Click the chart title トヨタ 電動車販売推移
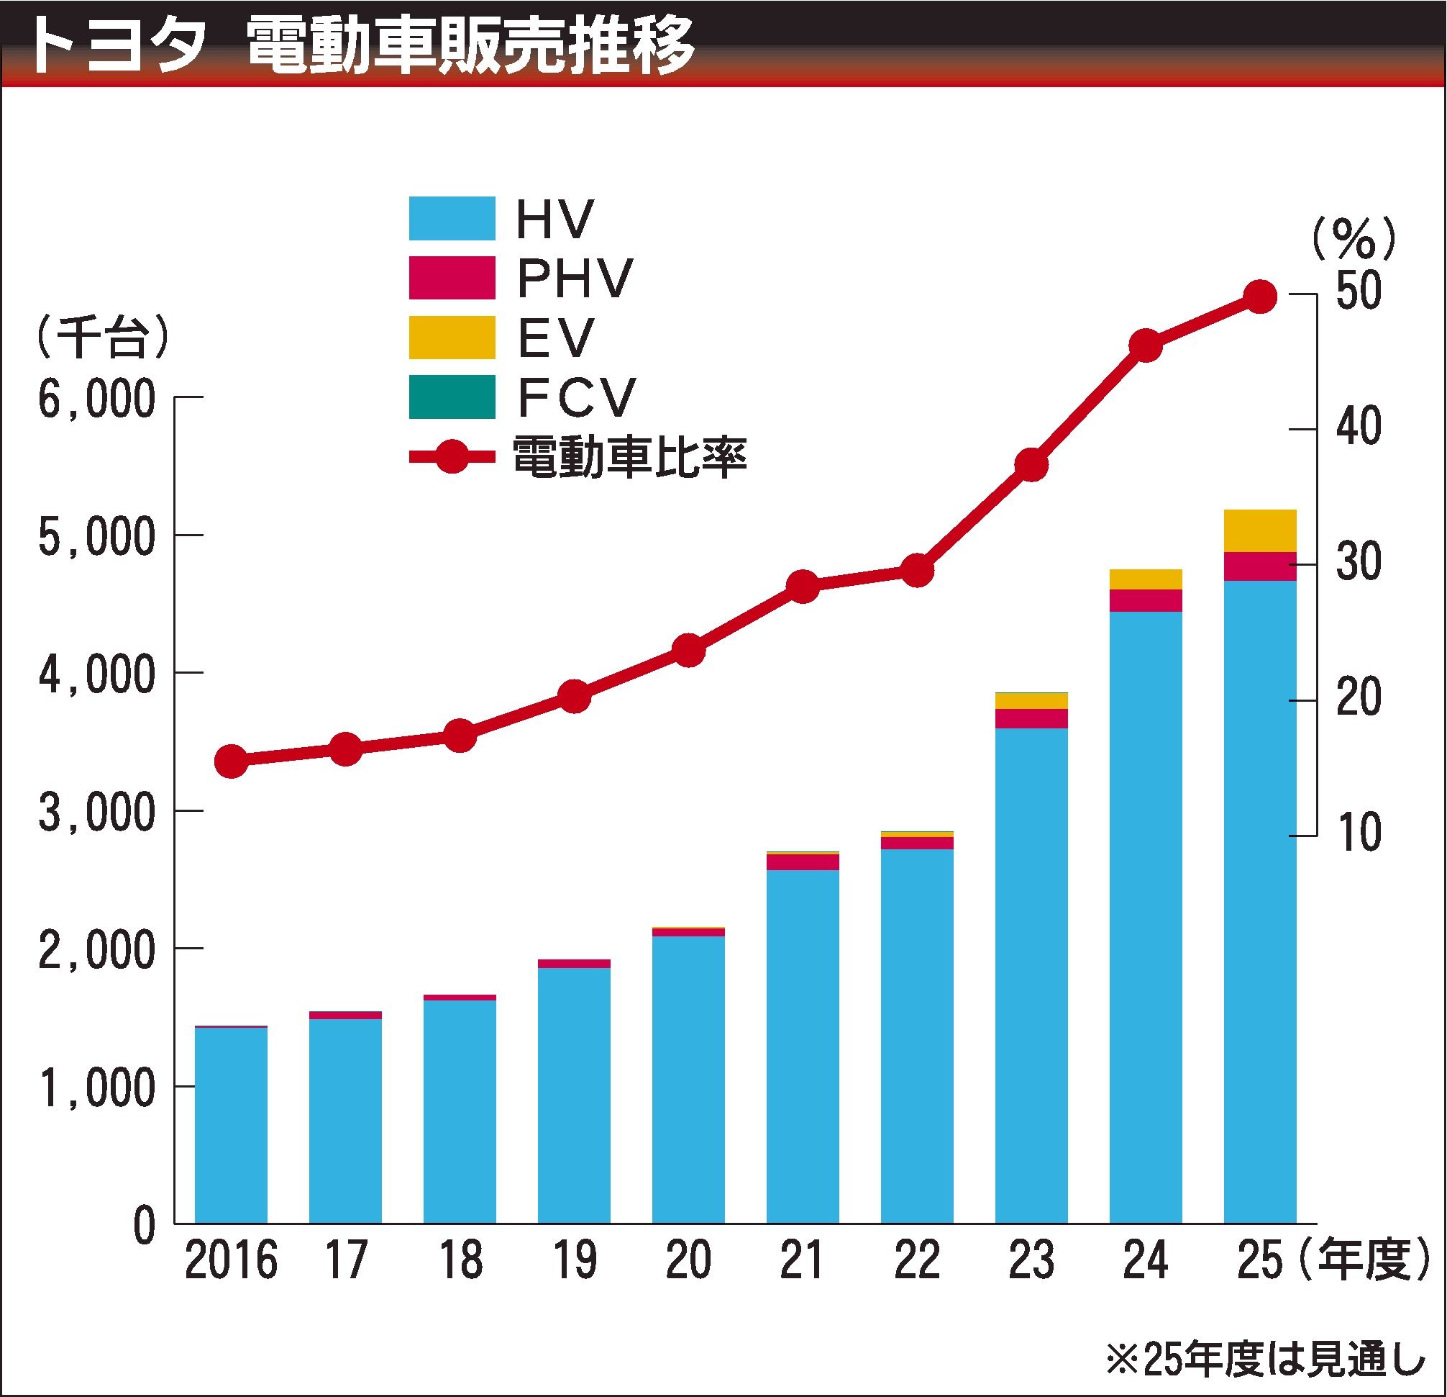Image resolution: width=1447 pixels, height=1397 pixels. (362, 46)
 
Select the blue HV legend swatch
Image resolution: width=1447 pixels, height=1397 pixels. (452, 218)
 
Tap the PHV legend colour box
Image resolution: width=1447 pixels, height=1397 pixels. (452, 278)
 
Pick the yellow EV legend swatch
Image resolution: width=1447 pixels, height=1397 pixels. (452, 338)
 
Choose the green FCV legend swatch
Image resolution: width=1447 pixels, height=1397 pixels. (452, 397)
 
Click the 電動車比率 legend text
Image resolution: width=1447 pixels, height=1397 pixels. (629, 456)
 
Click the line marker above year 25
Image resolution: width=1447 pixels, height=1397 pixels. (1260, 297)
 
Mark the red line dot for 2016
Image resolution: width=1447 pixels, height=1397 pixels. (230, 761)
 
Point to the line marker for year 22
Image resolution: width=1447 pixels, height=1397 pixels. (917, 571)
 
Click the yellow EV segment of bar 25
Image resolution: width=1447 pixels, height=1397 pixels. (1260, 530)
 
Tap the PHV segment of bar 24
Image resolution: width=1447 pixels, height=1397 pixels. (1146, 600)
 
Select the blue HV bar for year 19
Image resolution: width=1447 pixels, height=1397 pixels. (575, 1093)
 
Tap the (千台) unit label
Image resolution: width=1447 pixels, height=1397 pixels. (101, 338)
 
